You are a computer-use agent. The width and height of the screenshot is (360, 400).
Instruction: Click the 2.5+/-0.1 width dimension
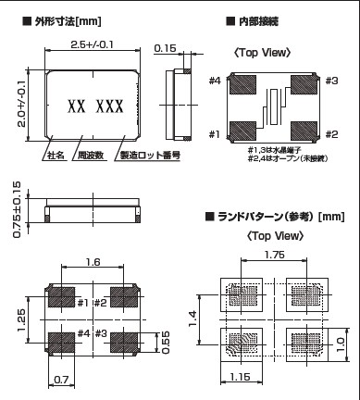(x=92, y=44)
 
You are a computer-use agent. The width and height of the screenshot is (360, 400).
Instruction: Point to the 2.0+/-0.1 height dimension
(x=21, y=104)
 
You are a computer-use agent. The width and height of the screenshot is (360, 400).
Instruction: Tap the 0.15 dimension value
(x=165, y=48)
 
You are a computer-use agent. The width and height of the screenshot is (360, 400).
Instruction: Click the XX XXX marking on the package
(x=95, y=106)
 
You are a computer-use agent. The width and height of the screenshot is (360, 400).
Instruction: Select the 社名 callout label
(x=56, y=155)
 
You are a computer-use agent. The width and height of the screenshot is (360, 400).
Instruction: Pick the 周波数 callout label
(x=91, y=155)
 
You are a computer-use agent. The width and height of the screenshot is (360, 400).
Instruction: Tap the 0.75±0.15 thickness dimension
(x=17, y=209)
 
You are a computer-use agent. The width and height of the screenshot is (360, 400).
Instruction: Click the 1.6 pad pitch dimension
(x=93, y=262)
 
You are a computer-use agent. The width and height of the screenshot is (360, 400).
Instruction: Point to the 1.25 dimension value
(x=21, y=319)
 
